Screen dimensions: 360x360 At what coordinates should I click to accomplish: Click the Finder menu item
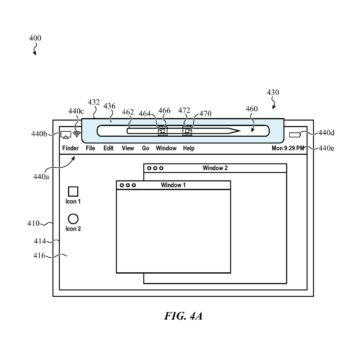(71, 148)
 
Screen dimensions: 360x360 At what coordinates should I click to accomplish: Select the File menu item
(90, 148)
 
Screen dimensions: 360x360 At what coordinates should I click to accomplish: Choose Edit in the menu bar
(108, 148)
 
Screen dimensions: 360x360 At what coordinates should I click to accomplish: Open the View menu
(127, 148)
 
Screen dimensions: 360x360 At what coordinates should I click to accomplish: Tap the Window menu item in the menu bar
(166, 148)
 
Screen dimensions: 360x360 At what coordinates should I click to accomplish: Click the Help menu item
(189, 148)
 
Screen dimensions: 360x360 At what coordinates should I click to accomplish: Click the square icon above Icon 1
(73, 191)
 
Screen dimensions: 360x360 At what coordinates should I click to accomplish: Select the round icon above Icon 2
(73, 217)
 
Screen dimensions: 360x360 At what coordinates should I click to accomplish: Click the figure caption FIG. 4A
(180, 317)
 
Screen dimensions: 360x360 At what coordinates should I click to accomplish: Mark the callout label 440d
(326, 131)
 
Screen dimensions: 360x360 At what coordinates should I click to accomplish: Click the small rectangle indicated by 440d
(296, 132)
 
